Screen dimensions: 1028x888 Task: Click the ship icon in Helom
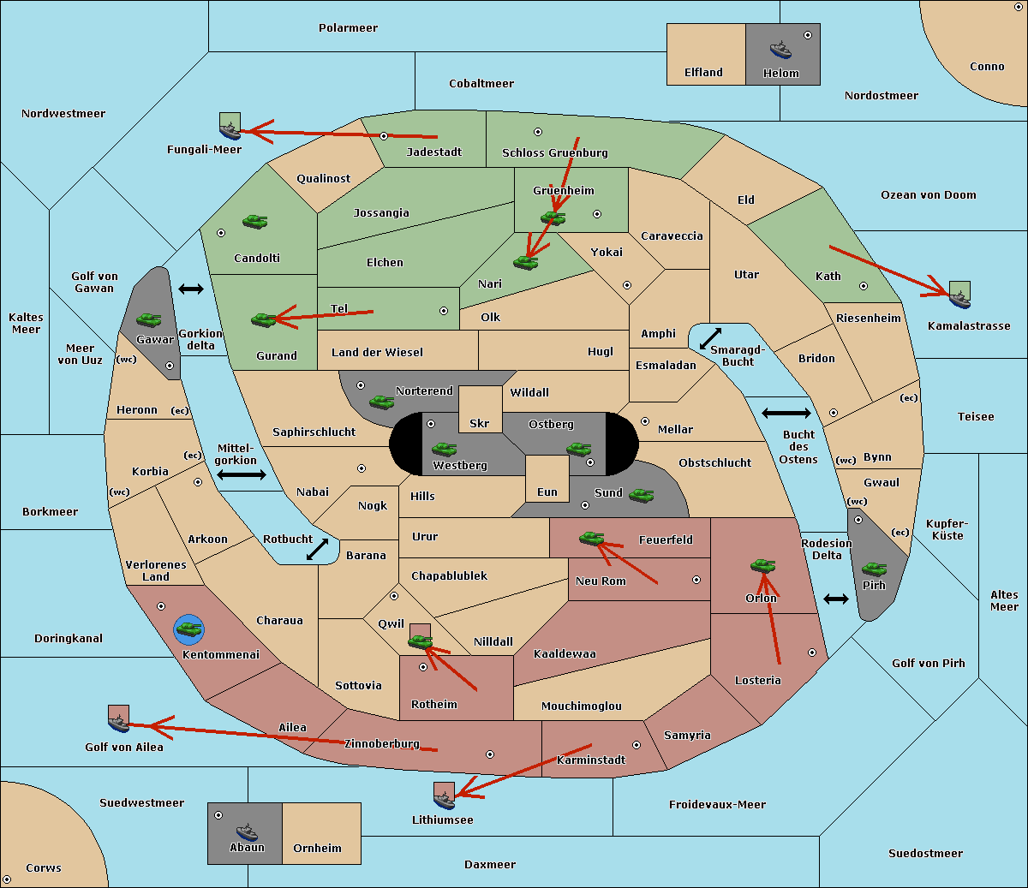(780, 50)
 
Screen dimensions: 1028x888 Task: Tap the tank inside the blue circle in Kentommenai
(189, 629)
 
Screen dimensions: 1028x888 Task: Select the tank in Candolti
(254, 221)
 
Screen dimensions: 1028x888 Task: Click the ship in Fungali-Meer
(230, 131)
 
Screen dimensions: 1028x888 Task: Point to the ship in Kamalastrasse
(959, 300)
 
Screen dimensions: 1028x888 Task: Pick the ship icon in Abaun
(248, 832)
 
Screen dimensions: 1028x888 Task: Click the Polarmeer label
(348, 28)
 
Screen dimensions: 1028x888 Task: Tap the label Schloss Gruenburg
(555, 152)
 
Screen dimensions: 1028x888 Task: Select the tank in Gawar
(148, 319)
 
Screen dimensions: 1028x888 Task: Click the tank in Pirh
(874, 569)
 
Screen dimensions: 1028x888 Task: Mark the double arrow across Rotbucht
(317, 549)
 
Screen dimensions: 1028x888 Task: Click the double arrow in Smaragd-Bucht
(710, 338)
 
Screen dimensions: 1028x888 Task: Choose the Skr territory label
(480, 423)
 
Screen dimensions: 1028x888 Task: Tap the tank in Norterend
(381, 402)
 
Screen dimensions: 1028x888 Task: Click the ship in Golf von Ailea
(119, 724)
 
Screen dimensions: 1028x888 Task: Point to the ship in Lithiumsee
(444, 801)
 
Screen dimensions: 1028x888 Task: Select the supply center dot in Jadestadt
(384, 136)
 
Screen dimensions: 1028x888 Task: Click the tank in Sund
(641, 495)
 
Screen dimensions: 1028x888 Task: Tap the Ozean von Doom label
(928, 195)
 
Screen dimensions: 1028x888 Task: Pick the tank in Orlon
(762, 566)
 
